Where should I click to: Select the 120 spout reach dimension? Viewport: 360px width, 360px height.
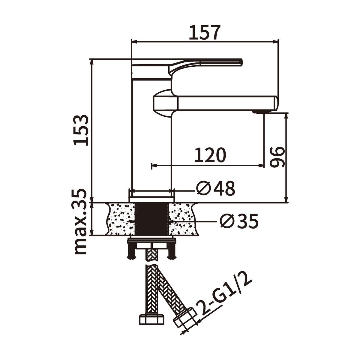coord(210,155)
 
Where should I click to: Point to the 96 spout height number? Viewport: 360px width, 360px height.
coord(277,156)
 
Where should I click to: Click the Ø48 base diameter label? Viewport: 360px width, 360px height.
coord(215,188)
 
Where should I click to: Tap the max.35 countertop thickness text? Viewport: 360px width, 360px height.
coord(81,222)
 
